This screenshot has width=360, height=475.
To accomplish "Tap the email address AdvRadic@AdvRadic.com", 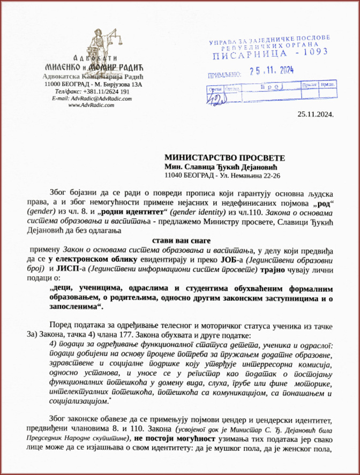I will [x=97, y=98].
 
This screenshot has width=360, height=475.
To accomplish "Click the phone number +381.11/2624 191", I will [x=106, y=91].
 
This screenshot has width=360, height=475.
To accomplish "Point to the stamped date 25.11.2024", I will [x=273, y=70].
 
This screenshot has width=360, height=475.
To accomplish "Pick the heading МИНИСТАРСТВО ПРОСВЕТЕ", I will [x=224, y=158].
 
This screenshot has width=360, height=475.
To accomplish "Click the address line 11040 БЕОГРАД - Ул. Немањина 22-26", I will [x=222, y=175].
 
